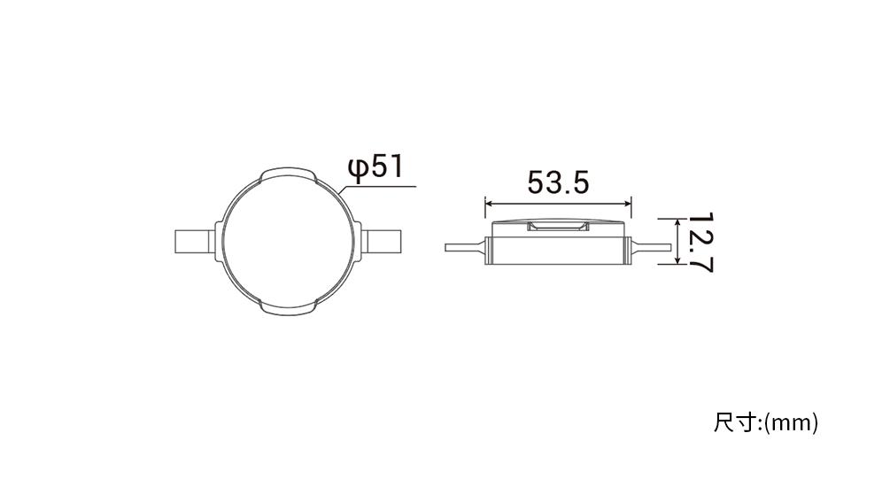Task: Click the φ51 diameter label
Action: pos(375,167)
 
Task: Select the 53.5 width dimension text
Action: pos(559,182)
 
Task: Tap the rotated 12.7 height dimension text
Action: pos(700,243)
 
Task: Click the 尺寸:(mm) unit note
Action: pos(766,423)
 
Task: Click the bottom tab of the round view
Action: pos(288,309)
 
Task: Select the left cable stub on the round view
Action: pos(195,241)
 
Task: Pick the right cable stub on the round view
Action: pos(381,241)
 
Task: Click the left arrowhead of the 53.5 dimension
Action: pos(489,204)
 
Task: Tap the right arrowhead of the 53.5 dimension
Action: pos(627,204)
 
